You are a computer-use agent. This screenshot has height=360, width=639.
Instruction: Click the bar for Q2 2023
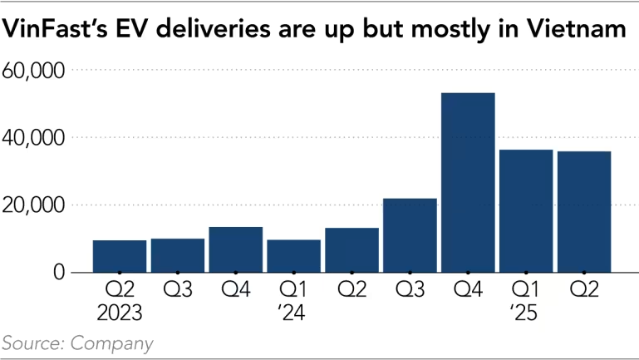(x=120, y=256)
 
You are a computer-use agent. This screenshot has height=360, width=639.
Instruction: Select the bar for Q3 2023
(x=178, y=255)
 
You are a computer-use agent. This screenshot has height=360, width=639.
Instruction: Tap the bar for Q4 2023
(x=235, y=249)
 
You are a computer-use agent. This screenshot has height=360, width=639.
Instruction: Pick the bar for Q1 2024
(x=293, y=256)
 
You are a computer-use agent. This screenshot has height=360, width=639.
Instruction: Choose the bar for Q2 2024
(x=351, y=249)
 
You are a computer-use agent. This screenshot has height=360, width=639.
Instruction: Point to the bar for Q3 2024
(x=410, y=235)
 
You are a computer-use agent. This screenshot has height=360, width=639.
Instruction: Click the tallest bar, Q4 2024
(x=468, y=183)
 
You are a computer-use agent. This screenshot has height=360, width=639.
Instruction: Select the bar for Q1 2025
(x=525, y=211)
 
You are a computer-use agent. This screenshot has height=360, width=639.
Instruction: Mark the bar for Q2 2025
(x=583, y=212)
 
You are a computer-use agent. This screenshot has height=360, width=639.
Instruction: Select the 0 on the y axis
(x=58, y=272)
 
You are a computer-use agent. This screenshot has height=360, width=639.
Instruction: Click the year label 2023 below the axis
(x=120, y=313)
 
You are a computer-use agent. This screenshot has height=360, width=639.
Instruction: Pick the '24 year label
(x=293, y=313)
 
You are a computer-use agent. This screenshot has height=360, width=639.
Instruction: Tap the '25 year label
(x=525, y=313)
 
